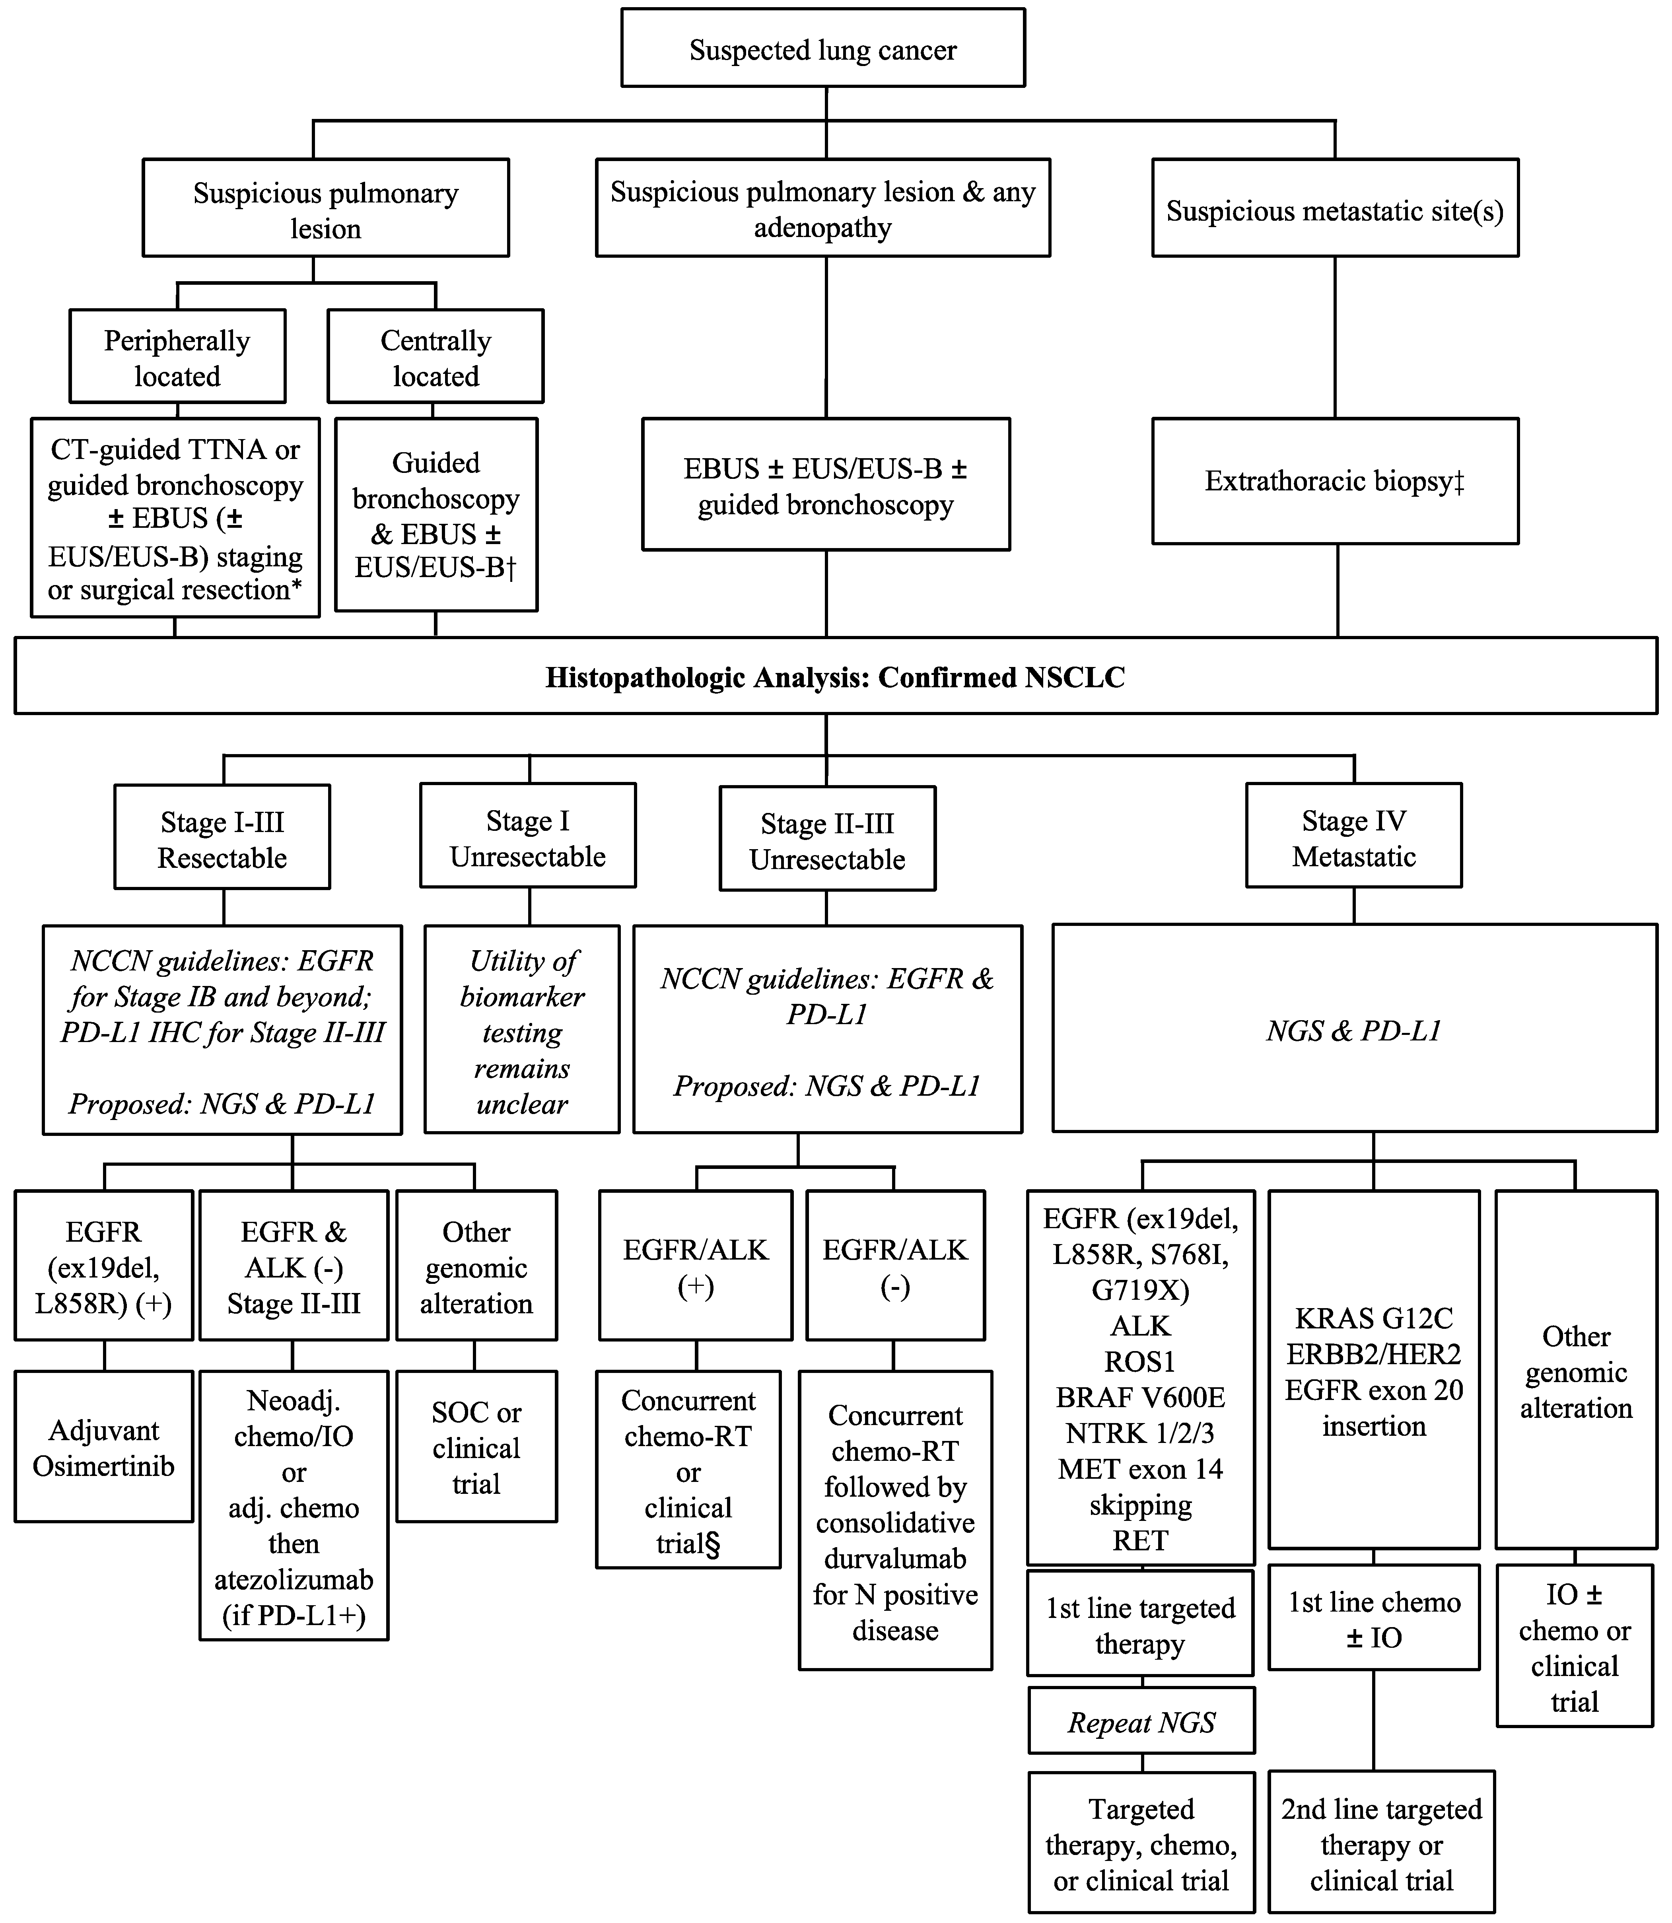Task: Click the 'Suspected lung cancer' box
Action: coord(823,49)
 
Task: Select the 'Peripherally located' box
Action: coord(177,357)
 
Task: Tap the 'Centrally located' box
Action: coord(435,357)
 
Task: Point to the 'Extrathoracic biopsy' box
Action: coord(1334,482)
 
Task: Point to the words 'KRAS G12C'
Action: coord(1373,1318)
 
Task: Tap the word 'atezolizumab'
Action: coord(294,1580)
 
